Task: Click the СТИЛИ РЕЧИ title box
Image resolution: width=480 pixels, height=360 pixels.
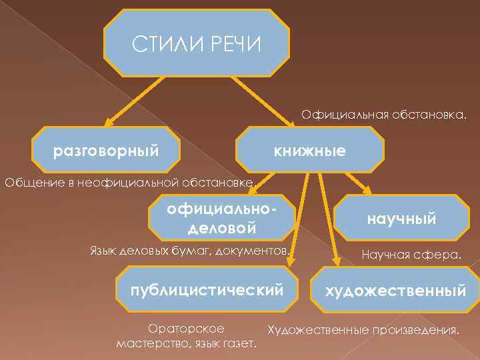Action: pos(197,44)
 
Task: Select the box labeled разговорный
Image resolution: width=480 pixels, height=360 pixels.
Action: pos(107,151)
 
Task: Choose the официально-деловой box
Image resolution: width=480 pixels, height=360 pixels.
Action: pos(222,217)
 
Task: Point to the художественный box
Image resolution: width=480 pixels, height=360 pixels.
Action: pos(395,291)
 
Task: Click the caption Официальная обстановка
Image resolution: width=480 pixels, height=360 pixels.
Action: pos(383,116)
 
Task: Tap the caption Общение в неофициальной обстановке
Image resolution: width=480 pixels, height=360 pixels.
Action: pos(129,182)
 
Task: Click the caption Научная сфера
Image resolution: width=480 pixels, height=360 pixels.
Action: pos(411,254)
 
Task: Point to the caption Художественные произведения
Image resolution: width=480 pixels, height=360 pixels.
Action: pos(363,329)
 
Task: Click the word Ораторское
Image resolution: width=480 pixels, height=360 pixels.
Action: pos(185,329)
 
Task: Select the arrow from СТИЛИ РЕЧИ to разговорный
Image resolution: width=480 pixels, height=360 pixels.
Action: pos(133,101)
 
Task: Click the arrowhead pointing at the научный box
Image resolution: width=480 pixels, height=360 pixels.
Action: pos(369,191)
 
